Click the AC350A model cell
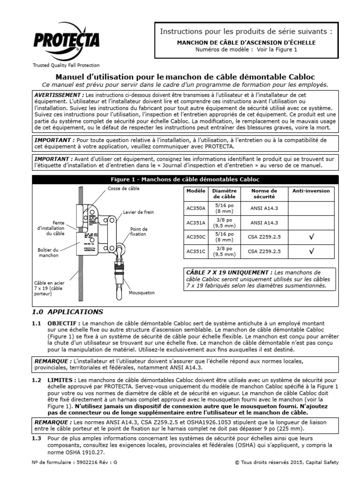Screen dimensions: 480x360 click(194, 208)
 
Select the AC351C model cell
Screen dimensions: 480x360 click(194, 251)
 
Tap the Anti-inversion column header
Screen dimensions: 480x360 click(311, 191)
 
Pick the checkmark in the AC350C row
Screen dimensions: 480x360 click(311, 237)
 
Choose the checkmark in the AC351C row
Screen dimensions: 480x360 click(311, 251)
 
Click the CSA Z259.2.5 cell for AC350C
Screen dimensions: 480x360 click(264, 237)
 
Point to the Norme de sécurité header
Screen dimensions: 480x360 click(264, 194)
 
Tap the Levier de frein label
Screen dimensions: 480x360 click(138, 212)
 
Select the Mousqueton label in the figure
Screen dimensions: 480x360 click(142, 292)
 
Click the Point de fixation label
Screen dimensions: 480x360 click(139, 232)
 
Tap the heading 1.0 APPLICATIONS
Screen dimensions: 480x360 click(67, 311)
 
